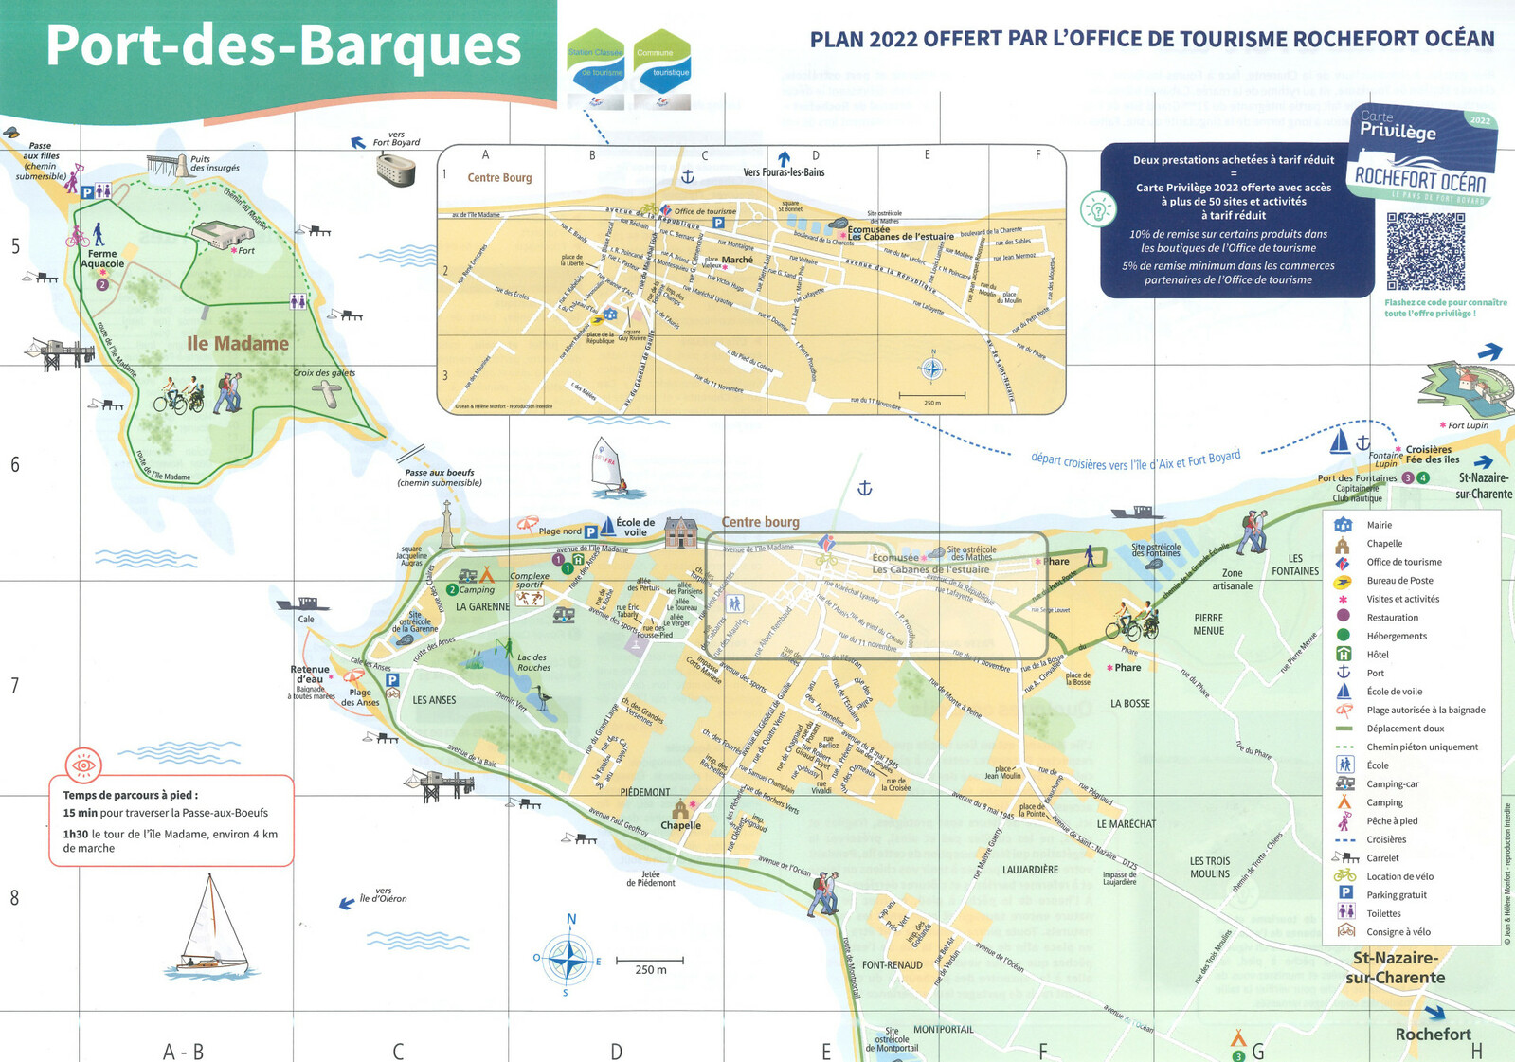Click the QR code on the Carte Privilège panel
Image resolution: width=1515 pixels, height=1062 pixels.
tap(1425, 251)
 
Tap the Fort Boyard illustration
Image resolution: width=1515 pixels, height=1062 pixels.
tap(395, 171)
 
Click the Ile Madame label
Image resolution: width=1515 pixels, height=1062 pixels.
tap(237, 343)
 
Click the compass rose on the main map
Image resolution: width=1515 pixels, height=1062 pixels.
tap(568, 960)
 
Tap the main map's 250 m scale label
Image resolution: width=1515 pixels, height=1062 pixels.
tap(650, 970)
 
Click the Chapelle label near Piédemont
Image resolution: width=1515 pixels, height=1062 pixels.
tap(680, 825)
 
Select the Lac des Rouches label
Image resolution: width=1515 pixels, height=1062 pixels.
tap(532, 662)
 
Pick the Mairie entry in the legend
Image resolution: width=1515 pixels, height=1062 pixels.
tap(1379, 525)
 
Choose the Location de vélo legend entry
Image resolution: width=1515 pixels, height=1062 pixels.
tap(1399, 876)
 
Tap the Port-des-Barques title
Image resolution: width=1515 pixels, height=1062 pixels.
tap(283, 45)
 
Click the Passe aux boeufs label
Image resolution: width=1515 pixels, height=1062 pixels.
tap(439, 477)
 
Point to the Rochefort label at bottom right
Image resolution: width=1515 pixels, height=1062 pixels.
tap(1433, 1035)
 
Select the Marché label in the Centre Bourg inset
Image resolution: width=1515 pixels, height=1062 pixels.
tap(737, 260)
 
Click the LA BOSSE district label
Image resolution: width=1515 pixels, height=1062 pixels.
tap(1129, 704)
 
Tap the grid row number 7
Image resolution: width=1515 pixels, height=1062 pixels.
tap(14, 685)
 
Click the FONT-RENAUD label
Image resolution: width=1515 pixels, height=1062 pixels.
tap(892, 965)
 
